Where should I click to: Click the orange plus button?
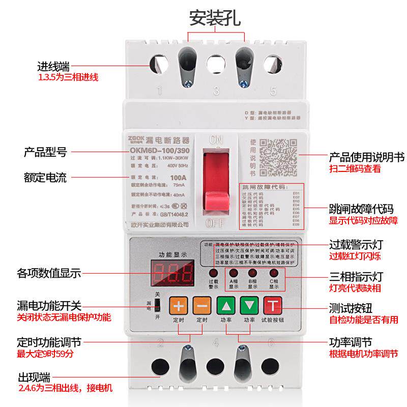coord(178,306)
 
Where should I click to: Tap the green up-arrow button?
coord(226,306)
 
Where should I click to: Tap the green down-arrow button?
coord(249,306)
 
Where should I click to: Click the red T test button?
coord(273,306)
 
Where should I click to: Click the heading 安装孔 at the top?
coord(215,17)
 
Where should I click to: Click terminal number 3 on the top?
coord(216,92)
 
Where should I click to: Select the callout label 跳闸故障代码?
coord(359,210)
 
